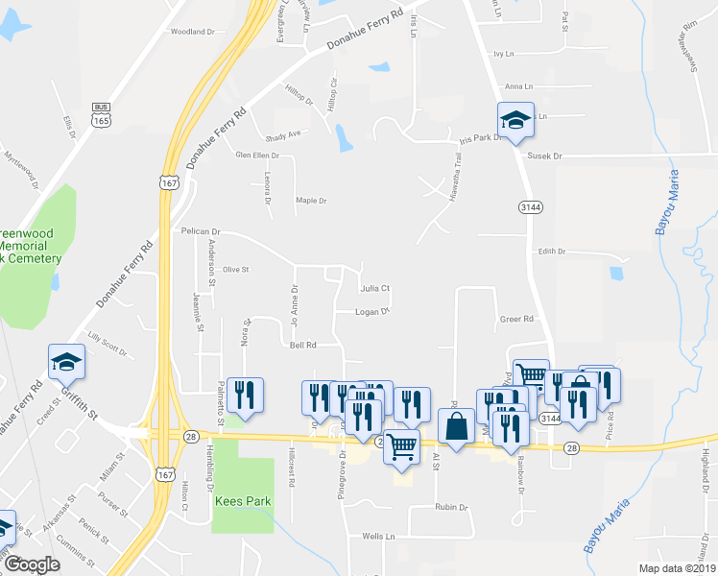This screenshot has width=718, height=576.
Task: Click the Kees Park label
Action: point(243,501)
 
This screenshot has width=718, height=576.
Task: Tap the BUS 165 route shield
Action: point(99,115)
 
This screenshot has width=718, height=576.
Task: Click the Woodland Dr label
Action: point(193,32)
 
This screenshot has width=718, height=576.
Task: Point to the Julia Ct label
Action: point(374,288)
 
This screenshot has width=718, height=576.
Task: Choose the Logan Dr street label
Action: point(371,312)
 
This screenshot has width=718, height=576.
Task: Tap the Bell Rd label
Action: point(303,345)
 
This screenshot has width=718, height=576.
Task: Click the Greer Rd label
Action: point(515,319)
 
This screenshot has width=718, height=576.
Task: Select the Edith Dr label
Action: point(552,252)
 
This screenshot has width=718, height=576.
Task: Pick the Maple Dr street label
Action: point(312,201)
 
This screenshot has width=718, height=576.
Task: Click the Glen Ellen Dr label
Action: point(257,156)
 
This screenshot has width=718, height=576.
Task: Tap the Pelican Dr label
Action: point(201,231)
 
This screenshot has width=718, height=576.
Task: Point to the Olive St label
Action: point(235,270)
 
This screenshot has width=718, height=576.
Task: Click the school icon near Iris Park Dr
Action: point(515,120)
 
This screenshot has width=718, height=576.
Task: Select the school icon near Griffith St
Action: point(67,361)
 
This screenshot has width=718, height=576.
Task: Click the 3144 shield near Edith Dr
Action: point(529,206)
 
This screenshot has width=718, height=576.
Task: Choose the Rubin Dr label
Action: point(449,507)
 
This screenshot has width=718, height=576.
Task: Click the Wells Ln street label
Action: point(379,537)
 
